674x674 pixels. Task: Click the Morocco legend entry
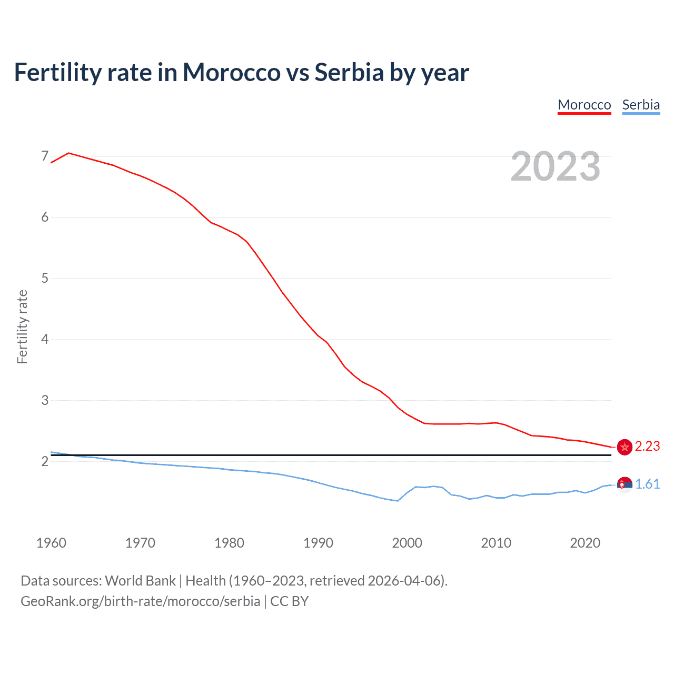[584, 105]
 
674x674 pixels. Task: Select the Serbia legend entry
[640, 105]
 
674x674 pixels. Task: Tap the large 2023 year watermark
[555, 166]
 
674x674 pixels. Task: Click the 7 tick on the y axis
[45, 156]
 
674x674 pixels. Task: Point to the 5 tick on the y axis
[45, 278]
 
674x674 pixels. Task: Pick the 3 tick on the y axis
[45, 400]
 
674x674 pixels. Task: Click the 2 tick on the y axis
[45, 462]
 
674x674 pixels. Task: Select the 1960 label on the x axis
[51, 543]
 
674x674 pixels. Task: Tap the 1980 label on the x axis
[229, 543]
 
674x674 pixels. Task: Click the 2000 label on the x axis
[407, 543]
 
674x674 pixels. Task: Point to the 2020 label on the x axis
[585, 543]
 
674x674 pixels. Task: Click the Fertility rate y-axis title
[22, 326]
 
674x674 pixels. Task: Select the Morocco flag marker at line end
[625, 447]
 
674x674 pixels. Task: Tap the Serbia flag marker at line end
[625, 484]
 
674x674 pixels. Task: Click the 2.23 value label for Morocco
[647, 447]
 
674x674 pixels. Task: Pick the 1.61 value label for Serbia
[647, 484]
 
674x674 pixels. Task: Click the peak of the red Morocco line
[69, 153]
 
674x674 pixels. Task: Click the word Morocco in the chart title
[232, 72]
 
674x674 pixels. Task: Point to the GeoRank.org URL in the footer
[140, 601]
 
